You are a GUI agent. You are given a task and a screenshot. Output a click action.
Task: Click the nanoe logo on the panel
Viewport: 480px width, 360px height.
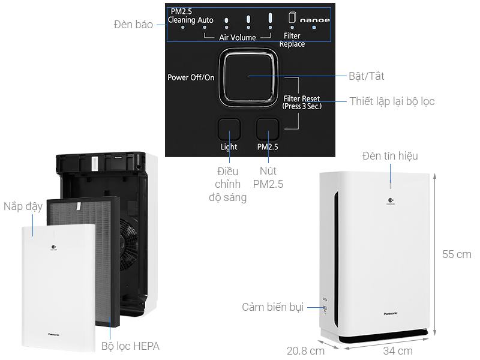click(x=315, y=19)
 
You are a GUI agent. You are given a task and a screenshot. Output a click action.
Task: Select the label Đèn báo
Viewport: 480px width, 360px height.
click(x=133, y=25)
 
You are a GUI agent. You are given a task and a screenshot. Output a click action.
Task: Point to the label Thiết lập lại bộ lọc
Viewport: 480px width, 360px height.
click(x=392, y=101)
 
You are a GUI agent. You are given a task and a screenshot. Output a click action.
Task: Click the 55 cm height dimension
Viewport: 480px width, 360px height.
click(x=457, y=254)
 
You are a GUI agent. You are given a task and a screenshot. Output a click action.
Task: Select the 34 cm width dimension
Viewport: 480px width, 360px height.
click(x=398, y=350)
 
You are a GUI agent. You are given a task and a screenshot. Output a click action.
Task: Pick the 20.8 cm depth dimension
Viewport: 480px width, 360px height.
click(x=305, y=350)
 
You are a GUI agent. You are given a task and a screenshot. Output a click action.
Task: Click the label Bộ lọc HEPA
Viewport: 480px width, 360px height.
click(x=130, y=346)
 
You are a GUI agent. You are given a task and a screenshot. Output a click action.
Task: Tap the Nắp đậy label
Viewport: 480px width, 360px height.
click(x=23, y=206)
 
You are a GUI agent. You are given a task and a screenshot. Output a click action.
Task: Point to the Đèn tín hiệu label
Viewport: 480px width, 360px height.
click(x=390, y=156)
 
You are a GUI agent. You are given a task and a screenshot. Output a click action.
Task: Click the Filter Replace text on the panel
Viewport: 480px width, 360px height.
click(x=292, y=40)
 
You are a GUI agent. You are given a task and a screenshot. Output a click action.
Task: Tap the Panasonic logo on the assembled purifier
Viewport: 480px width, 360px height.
click(x=390, y=313)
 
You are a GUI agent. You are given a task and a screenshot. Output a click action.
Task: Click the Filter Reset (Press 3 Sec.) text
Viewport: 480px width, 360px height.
click(x=302, y=102)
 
